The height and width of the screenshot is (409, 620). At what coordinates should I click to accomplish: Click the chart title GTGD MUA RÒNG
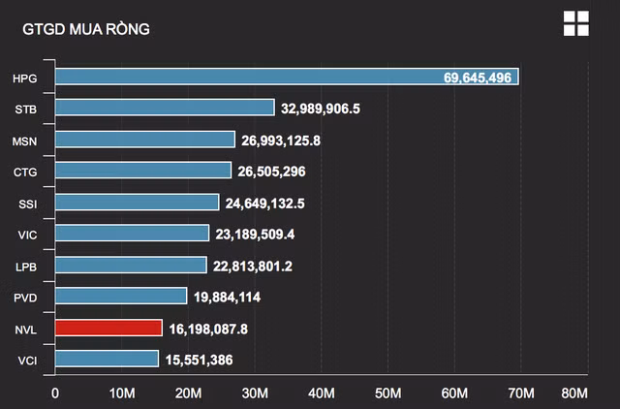[x=85, y=29]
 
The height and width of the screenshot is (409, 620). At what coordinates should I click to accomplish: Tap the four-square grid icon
[x=575, y=24]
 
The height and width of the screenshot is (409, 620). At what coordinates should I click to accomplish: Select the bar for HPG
[x=287, y=77]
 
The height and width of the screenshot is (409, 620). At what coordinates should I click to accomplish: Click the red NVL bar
[x=108, y=328]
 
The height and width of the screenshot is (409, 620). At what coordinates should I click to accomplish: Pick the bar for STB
[x=165, y=108]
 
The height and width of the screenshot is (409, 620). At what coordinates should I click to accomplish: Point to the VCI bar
[x=107, y=359]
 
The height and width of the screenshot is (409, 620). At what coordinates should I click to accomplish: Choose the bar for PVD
[x=121, y=296]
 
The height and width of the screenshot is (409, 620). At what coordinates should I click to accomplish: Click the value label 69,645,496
[x=480, y=77]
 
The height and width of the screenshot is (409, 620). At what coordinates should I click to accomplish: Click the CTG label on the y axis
[x=26, y=172]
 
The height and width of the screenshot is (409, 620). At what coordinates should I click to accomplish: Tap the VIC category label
[x=27, y=235]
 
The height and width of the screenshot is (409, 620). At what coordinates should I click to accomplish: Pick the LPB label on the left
[x=27, y=266]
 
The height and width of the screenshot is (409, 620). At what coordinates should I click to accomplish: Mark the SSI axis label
[x=28, y=203]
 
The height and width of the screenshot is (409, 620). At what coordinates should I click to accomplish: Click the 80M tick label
[x=574, y=393]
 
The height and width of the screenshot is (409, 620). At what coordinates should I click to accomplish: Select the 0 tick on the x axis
[x=55, y=393]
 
